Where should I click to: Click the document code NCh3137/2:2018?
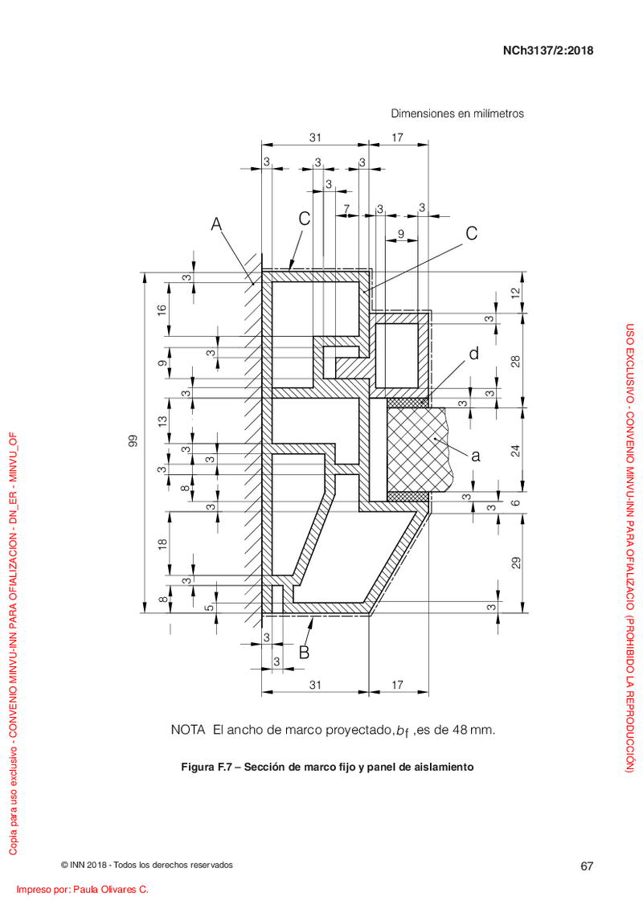548,51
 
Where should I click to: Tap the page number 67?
587,866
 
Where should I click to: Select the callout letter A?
216,223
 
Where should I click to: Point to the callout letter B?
304,653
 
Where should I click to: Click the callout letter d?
473,353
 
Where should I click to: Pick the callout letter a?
476,457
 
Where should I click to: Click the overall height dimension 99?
133,441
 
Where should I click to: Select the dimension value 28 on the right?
515,361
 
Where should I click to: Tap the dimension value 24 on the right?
515,450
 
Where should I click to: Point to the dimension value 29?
515,563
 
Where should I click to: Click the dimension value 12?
515,293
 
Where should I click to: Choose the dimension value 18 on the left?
163,544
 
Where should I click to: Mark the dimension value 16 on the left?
163,309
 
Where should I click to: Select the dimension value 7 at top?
346,208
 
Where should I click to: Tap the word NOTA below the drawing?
188,730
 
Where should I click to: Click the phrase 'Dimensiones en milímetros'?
457,113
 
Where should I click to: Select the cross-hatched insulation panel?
416,449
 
